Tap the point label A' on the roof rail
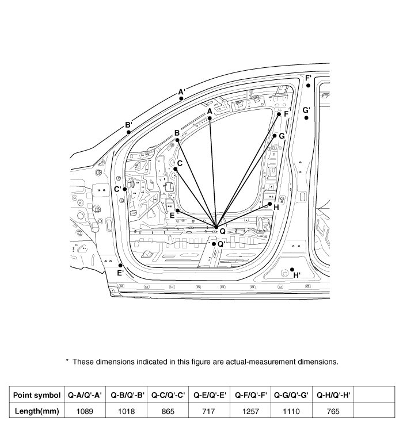[x=181, y=91]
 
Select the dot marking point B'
[x=129, y=132]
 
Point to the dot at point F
[x=279, y=114]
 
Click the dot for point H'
[x=292, y=269]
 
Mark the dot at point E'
[x=120, y=265]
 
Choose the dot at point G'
[x=306, y=118]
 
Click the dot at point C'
[x=124, y=189]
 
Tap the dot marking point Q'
[x=213, y=244]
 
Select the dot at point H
[x=270, y=204]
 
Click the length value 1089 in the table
[x=85, y=412]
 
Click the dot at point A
[x=210, y=118]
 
